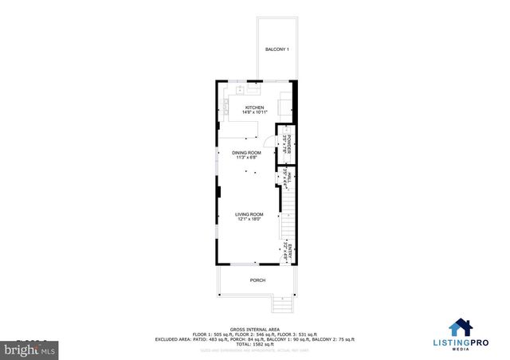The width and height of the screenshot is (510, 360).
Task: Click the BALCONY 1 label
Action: tap(277, 50)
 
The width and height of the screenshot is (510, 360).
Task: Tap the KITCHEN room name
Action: tap(254, 108)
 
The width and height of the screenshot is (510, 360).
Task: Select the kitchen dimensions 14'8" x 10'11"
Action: tap(254, 112)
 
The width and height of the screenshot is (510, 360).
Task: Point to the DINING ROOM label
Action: tap(246, 152)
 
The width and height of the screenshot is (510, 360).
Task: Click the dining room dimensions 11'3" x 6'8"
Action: tap(246, 157)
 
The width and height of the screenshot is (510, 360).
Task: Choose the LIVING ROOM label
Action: tap(249, 214)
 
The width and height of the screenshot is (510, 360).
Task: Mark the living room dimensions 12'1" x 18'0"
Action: tap(249, 219)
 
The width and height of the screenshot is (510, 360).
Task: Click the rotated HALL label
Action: tap(290, 178)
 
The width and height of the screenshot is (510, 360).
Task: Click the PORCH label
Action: tap(257, 280)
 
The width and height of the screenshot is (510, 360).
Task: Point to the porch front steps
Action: tap(280, 303)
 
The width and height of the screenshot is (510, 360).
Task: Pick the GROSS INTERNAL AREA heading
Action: tap(254, 328)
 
